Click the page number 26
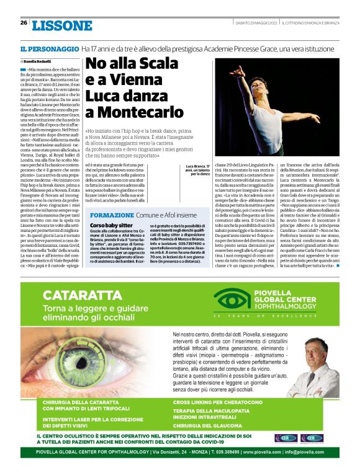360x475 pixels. pos(24,23)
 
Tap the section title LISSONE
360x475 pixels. pos(62,26)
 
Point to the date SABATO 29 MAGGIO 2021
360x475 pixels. pos(255,24)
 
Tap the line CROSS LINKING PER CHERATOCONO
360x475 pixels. pos(220,403)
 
